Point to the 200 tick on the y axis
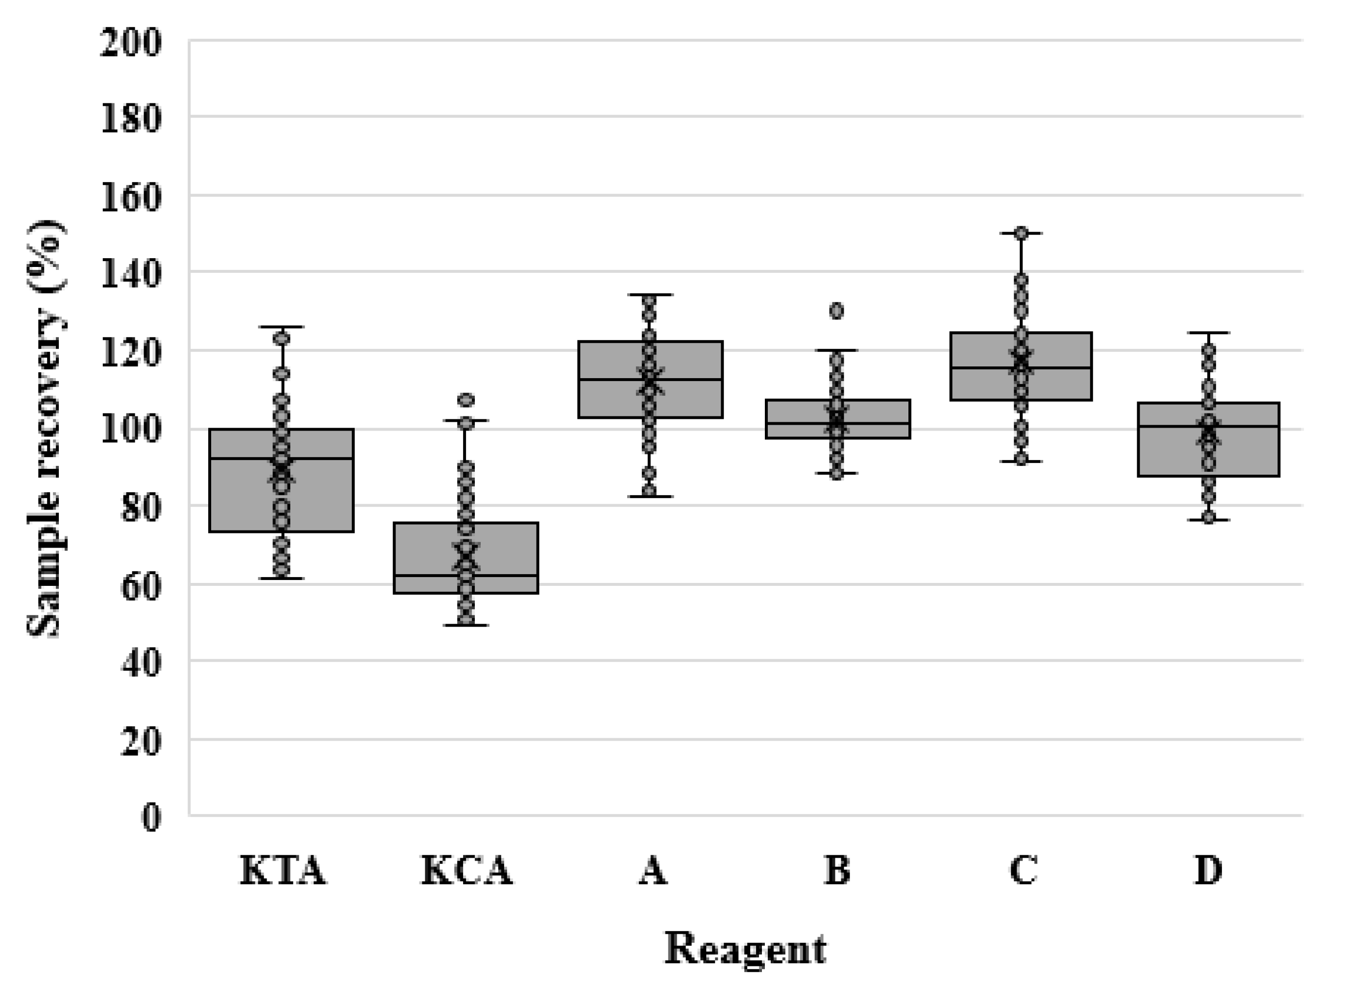(x=131, y=44)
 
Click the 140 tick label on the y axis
(x=131, y=274)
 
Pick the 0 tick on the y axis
(x=151, y=817)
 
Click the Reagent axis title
(x=745, y=949)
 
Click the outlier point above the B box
(x=837, y=311)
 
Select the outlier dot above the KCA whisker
(x=466, y=399)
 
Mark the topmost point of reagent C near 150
(x=1021, y=233)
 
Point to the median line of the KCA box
(x=504, y=575)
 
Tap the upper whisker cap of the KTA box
(x=282, y=327)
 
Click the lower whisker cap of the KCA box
(x=466, y=625)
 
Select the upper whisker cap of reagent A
(x=650, y=295)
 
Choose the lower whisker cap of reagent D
(x=1208, y=520)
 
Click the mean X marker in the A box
(x=650, y=379)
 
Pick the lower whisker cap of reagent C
(x=1021, y=461)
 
